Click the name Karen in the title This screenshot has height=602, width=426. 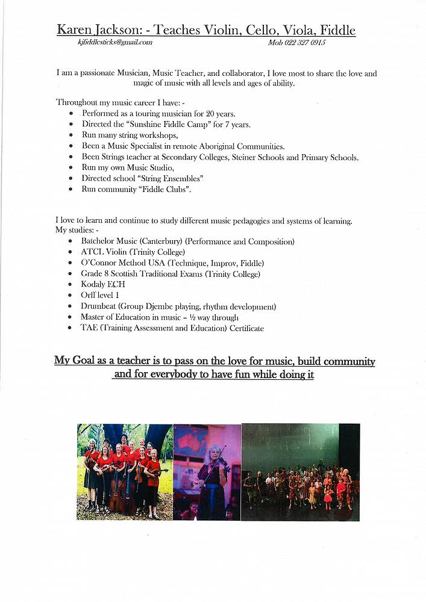pos(75,29)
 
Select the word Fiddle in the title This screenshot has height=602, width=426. pos(337,29)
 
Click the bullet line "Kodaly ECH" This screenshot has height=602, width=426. pos(103,284)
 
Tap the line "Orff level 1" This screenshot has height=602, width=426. pos(100,295)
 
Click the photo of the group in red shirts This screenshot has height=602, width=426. pos(125,471)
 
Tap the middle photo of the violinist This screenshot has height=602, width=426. pos(207,471)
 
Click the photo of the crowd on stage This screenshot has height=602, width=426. pos(300,471)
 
